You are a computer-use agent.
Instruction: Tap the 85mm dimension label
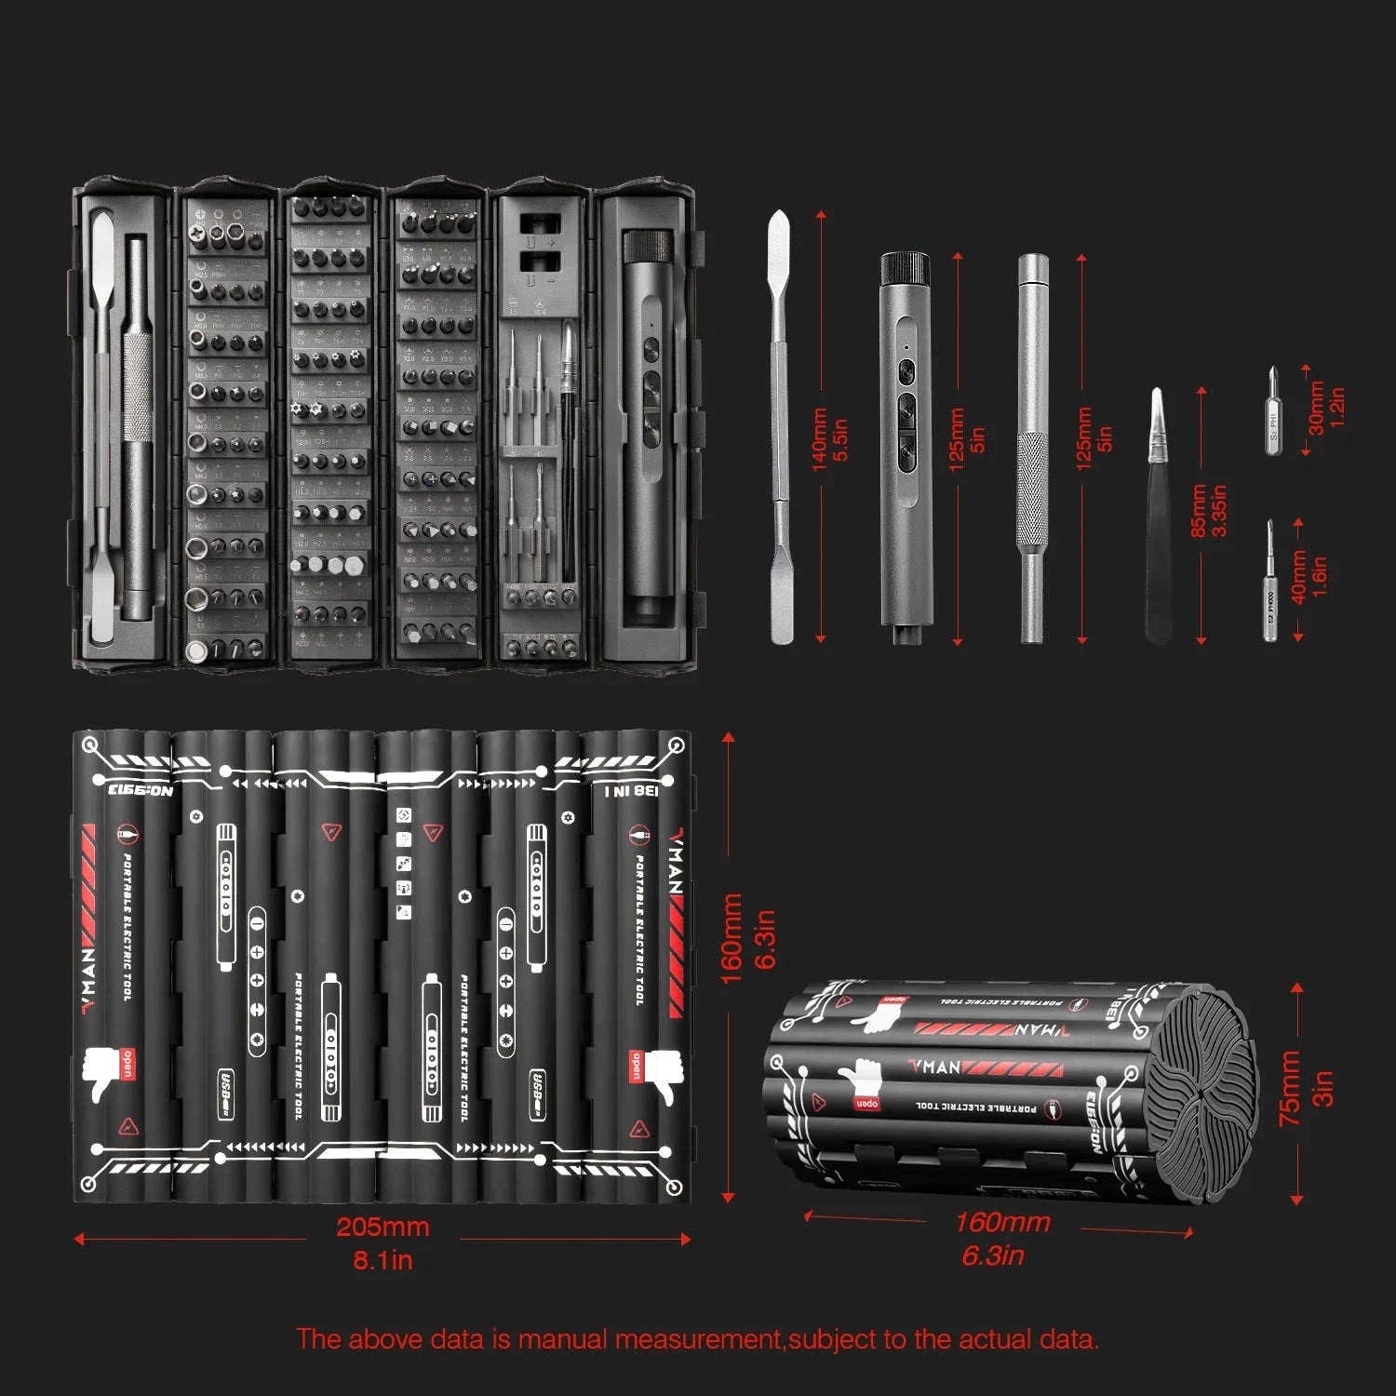1199,510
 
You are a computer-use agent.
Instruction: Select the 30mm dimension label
1316,408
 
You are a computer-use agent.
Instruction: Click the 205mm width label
383,1227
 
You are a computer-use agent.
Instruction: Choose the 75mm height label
1289,1089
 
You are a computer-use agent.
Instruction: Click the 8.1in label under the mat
383,1261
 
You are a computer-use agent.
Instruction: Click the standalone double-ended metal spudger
780,428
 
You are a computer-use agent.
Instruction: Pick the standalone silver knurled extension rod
1032,447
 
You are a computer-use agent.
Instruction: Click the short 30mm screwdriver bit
1272,414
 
